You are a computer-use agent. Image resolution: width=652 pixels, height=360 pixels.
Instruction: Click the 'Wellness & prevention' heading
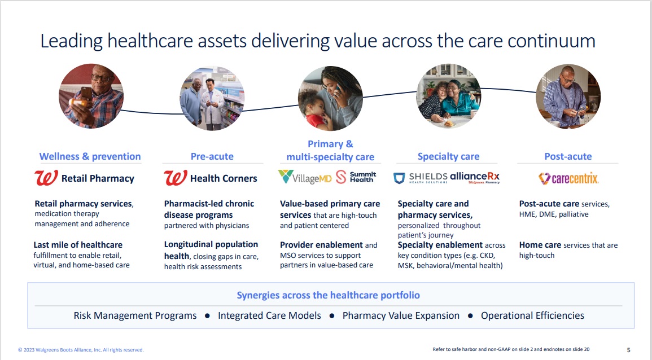tap(90, 156)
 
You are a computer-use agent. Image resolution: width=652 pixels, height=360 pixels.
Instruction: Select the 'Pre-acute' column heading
tap(212, 156)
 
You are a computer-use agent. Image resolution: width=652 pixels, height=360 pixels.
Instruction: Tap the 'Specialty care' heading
tap(448, 156)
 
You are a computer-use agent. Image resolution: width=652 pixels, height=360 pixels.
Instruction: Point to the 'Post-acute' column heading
tap(568, 156)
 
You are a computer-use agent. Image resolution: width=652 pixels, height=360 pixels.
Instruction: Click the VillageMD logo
tap(305, 177)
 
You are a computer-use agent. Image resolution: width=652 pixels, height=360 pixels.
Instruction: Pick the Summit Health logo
tap(356, 177)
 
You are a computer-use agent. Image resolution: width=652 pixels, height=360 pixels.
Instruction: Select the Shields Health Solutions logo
tap(421, 178)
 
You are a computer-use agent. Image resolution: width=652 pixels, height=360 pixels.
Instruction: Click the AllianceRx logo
tap(475, 178)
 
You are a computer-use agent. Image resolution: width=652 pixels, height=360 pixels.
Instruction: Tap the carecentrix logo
tap(568, 178)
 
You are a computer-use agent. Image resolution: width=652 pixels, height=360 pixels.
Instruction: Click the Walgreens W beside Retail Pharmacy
tap(46, 178)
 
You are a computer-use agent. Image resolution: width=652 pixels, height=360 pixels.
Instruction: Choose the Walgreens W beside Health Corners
tap(176, 178)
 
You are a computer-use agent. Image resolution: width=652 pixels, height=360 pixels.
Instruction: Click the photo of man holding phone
tap(91, 95)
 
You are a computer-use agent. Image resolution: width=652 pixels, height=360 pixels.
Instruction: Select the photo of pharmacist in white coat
tap(212, 98)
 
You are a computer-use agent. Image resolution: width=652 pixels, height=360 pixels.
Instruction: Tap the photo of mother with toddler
tap(331, 98)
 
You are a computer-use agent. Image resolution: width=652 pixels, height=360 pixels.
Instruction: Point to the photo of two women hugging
tap(449, 95)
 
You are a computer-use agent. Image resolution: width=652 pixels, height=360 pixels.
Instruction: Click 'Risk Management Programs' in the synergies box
tap(135, 315)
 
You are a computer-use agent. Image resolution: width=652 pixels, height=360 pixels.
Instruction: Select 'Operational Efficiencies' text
tap(532, 315)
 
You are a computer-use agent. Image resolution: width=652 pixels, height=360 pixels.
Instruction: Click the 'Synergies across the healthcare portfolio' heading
tap(328, 295)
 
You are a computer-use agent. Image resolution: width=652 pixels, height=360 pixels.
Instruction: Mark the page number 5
tap(628, 350)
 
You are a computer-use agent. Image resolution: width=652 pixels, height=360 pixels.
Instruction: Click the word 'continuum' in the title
tap(552, 41)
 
